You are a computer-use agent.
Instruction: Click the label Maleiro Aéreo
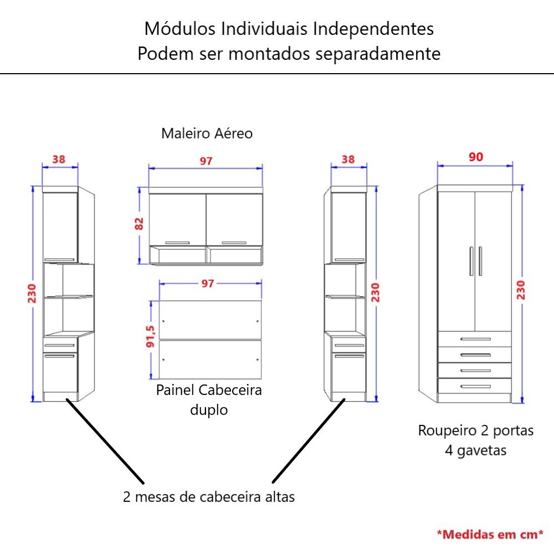coord(207,134)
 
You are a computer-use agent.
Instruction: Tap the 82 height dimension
coord(139,223)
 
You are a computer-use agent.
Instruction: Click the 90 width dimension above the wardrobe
coord(476,157)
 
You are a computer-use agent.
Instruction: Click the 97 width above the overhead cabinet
coord(206,161)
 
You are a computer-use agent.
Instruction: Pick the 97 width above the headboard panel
coord(207,284)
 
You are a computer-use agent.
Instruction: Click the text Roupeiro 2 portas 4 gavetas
coord(475,440)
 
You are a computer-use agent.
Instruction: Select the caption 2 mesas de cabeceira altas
coord(209,496)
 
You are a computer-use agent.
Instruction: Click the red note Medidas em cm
coord(490,535)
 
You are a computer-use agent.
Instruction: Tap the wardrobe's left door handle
coord(471,261)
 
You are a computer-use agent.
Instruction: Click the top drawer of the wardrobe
coord(474,338)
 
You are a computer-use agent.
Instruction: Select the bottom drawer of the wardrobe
coord(474,386)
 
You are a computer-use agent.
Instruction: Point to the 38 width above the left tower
coord(59,159)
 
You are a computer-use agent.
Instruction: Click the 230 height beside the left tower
coord(32,294)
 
